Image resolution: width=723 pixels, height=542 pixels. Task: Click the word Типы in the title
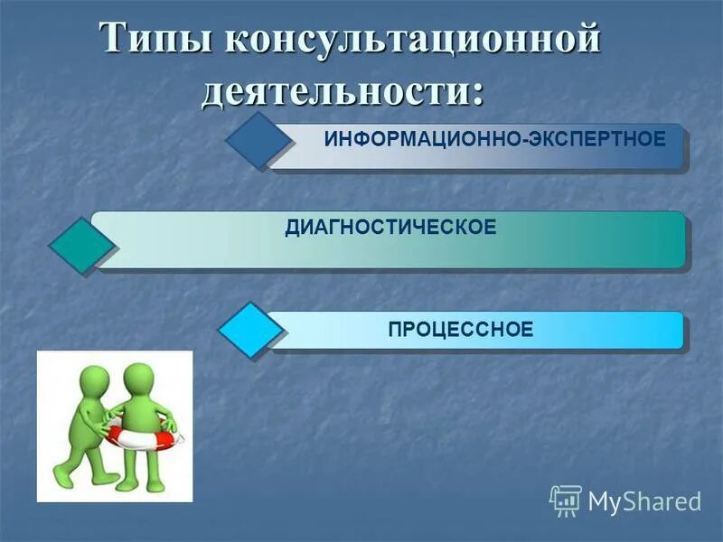coord(153,41)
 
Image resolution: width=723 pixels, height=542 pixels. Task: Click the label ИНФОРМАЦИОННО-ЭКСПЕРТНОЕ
coord(494,140)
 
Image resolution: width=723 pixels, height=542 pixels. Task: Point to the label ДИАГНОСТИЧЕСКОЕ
coord(390,227)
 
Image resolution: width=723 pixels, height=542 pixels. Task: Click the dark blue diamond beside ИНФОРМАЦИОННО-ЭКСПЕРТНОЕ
coord(258,141)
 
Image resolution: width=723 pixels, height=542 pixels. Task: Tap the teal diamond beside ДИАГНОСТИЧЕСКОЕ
coord(81,245)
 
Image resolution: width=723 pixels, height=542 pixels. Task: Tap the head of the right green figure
coord(139,378)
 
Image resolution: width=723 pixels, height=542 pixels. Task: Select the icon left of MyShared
coord(565,500)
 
